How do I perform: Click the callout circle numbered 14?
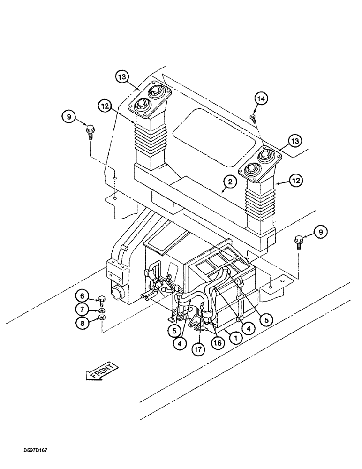coord(262,99)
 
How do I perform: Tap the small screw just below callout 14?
coord(253,118)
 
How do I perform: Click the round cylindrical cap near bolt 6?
coord(115,295)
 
